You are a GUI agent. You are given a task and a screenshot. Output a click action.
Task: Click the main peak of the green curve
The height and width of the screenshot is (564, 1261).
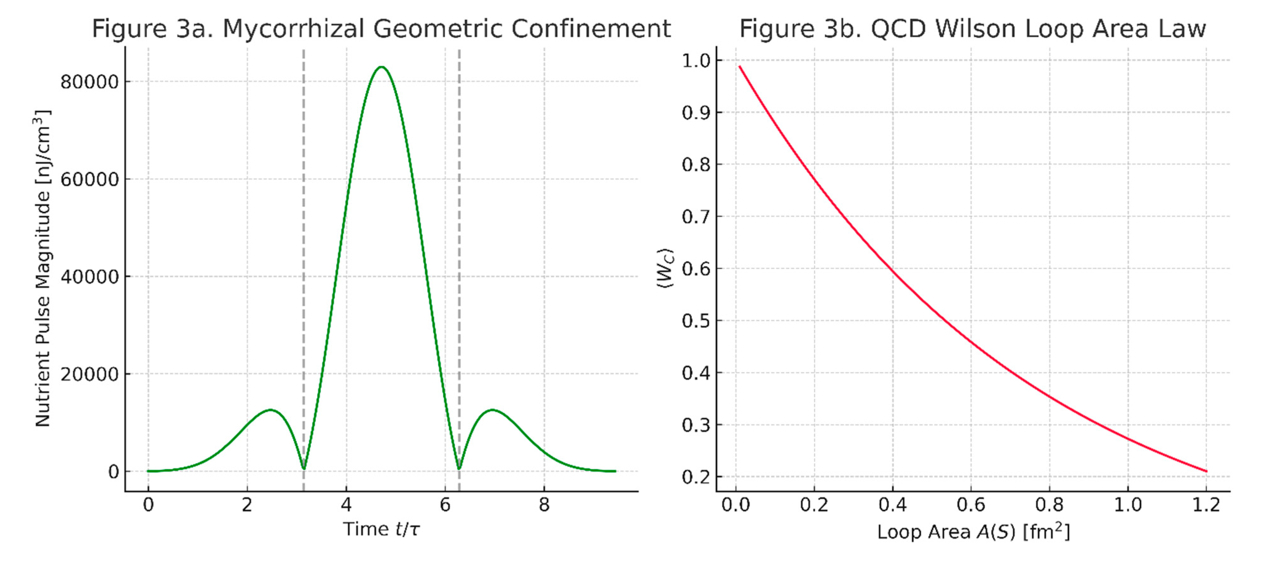[381, 67]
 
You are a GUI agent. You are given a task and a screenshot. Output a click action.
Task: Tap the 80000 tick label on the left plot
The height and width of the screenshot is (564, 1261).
[90, 82]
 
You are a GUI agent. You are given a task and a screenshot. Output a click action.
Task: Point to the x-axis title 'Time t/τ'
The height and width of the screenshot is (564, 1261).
[381, 529]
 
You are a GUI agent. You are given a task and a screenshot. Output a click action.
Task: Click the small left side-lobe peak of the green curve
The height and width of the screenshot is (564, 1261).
[270, 410]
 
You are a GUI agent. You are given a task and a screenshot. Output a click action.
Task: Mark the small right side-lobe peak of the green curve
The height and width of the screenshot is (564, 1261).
[492, 410]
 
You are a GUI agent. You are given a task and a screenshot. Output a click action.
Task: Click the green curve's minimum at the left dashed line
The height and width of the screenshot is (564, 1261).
[303, 468]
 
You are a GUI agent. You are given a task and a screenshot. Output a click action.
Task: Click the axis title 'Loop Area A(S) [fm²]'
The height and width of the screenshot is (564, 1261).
[973, 532]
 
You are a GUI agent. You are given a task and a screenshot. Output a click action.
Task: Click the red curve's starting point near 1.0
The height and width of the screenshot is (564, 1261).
[740, 66]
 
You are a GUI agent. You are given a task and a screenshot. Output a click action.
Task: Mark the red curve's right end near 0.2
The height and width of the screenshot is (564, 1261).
[1206, 471]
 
